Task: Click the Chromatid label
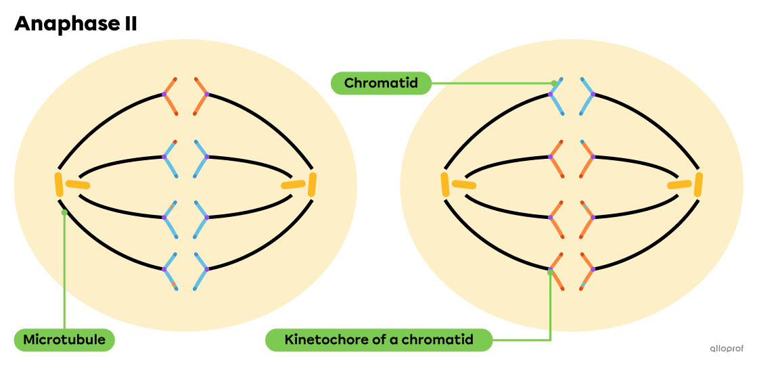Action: coord(380,83)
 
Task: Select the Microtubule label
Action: coord(64,339)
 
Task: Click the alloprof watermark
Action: coord(726,349)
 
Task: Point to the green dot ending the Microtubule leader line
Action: coord(64,212)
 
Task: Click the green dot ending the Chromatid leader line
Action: coord(553,84)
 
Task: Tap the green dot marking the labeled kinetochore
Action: coord(550,270)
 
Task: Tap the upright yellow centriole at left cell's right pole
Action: coord(312,185)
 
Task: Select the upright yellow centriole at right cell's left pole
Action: coord(445,185)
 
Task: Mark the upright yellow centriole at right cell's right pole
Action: coord(698,185)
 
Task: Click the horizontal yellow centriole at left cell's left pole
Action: coord(78,185)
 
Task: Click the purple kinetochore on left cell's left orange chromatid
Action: coord(164,95)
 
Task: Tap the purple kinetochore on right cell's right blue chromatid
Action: coord(593,94)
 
